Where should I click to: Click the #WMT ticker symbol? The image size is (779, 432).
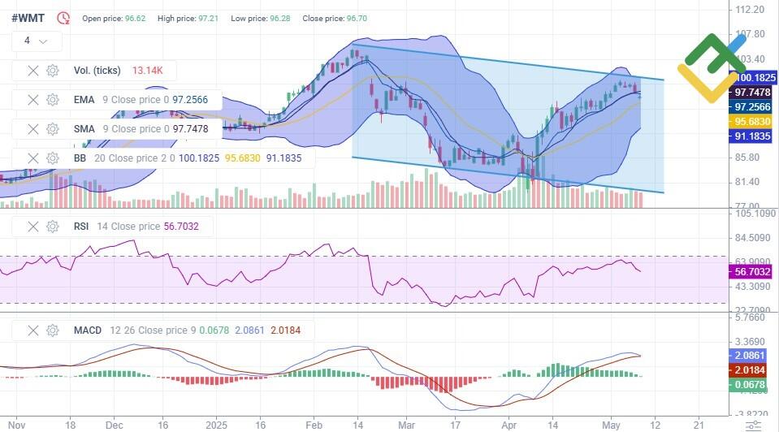pyautogui.click(x=28, y=17)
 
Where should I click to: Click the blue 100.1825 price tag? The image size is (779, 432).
pyautogui.click(x=755, y=78)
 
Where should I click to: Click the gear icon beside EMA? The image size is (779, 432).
pyautogui.click(x=53, y=100)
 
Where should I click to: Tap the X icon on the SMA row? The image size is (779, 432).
pyautogui.click(x=32, y=129)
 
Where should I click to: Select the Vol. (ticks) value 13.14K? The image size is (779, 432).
pyautogui.click(x=148, y=71)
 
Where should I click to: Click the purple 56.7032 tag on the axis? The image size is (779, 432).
pyautogui.click(x=751, y=271)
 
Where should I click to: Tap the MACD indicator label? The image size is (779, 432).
pyautogui.click(x=87, y=330)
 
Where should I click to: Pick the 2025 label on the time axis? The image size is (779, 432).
pyautogui.click(x=215, y=425)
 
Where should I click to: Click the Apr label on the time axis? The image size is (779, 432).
pyautogui.click(x=509, y=425)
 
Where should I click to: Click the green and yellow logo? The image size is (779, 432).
pyautogui.click(x=713, y=67)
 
